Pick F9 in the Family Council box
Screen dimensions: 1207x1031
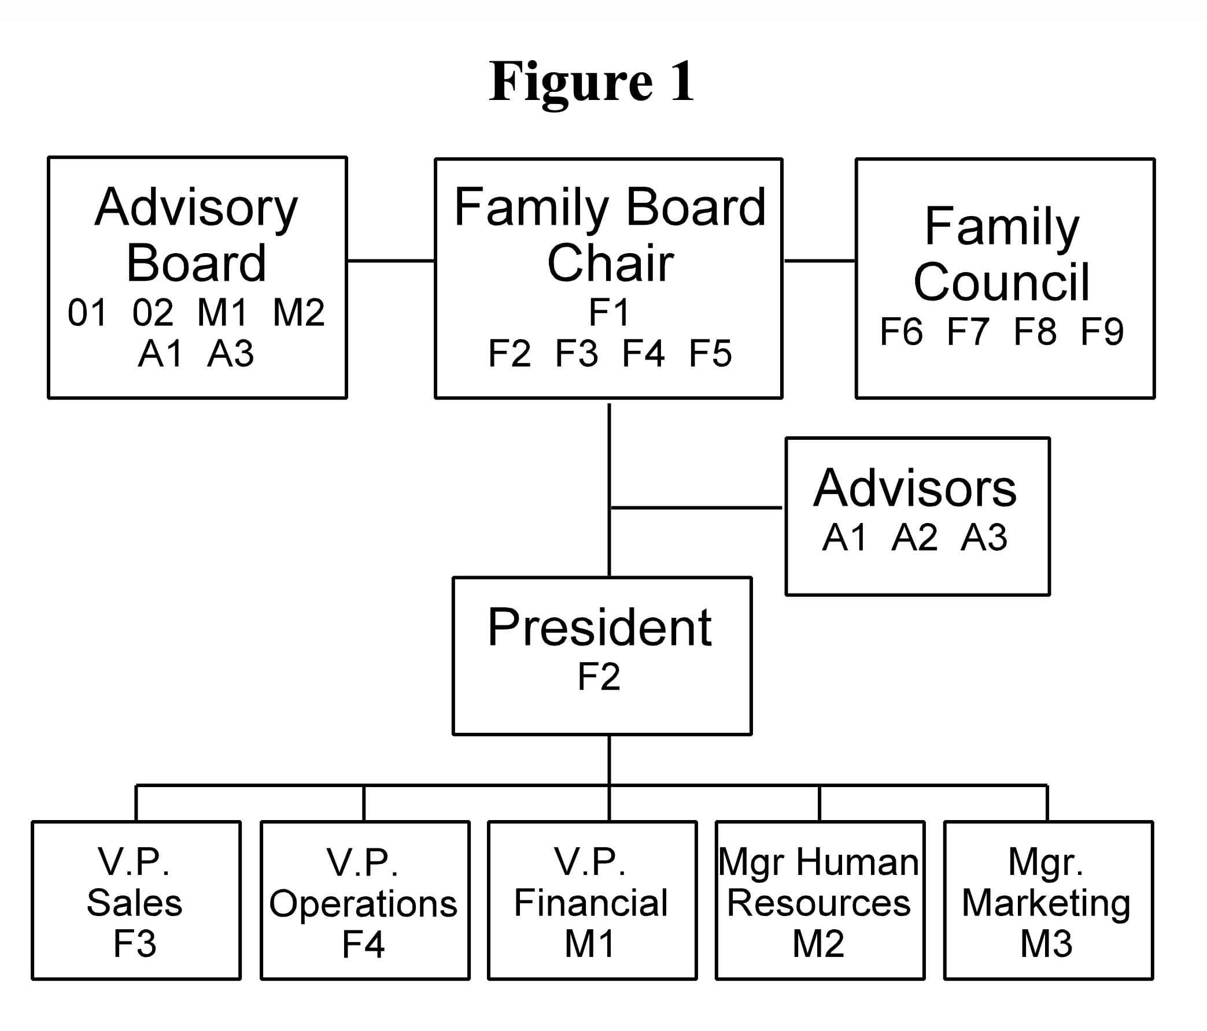click(1102, 331)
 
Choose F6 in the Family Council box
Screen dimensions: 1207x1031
click(901, 331)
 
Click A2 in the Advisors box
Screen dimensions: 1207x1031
click(914, 537)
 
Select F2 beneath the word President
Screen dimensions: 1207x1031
click(599, 676)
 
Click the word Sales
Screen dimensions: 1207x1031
click(135, 903)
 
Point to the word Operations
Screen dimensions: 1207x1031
click(364, 904)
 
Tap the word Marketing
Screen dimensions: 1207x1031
click(1046, 904)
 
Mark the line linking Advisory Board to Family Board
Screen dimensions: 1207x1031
click(391, 261)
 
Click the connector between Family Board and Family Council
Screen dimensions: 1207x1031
click(820, 261)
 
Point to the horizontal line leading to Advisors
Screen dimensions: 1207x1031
click(696, 507)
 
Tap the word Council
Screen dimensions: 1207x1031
click(1001, 282)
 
